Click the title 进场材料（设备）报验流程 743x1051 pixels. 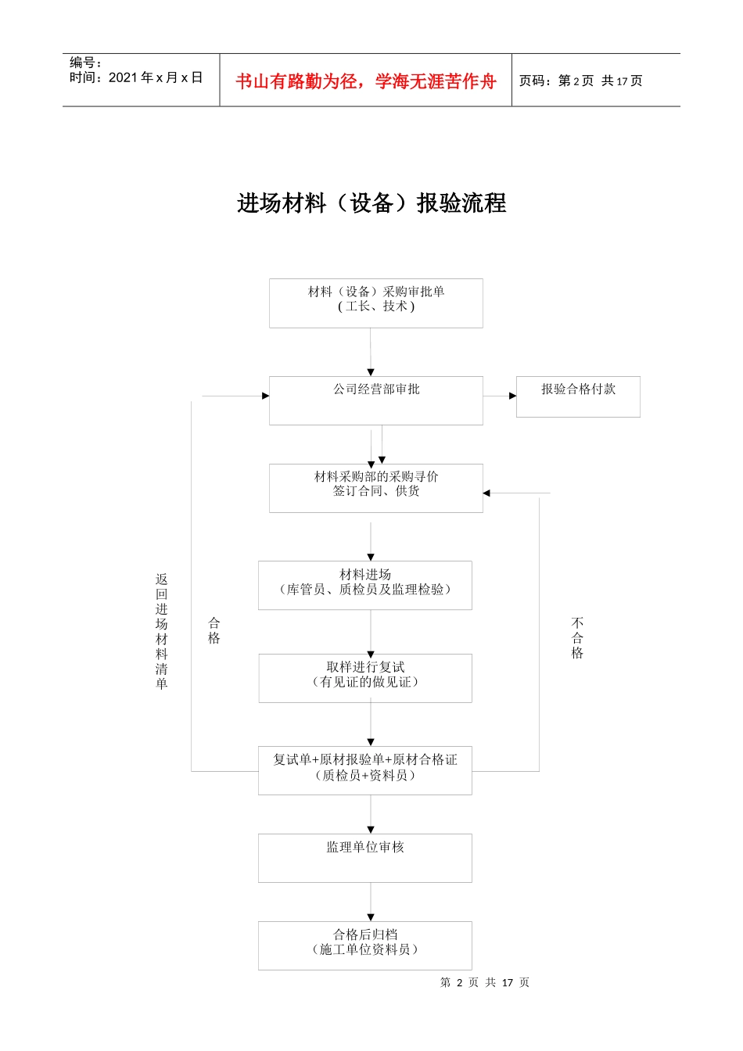(x=371, y=203)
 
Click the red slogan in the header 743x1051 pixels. (x=365, y=81)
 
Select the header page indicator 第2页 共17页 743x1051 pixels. (x=581, y=81)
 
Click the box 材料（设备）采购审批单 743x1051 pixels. (x=375, y=303)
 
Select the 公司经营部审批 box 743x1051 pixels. (x=375, y=400)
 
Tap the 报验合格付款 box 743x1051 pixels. (x=578, y=396)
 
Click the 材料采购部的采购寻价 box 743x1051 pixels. (x=375, y=488)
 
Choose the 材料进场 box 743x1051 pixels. (x=365, y=585)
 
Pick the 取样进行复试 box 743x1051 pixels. (x=365, y=678)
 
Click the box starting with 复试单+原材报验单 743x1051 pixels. (x=365, y=770)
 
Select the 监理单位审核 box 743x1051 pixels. (x=365, y=858)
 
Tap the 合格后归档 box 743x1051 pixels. (x=365, y=945)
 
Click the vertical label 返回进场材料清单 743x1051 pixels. (x=161, y=631)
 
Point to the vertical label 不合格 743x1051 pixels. (x=577, y=637)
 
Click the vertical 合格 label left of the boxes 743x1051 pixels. (x=214, y=630)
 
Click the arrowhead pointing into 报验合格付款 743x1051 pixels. (x=512, y=396)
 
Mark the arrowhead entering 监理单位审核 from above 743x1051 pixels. (x=371, y=830)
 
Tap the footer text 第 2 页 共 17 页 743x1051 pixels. (x=484, y=982)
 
